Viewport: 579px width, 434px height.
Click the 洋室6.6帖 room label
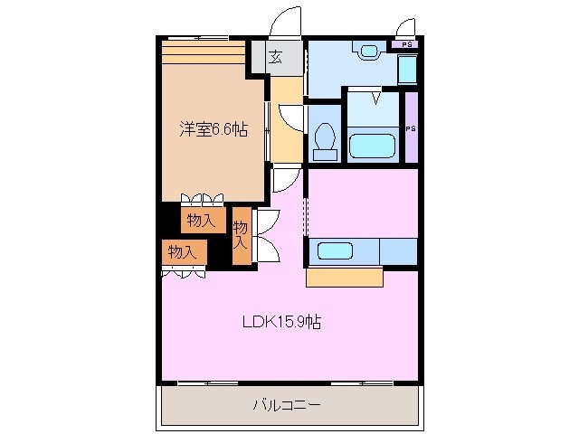click(x=213, y=129)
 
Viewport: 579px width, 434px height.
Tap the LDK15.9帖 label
click(x=280, y=320)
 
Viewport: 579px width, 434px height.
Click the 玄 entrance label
click(x=275, y=58)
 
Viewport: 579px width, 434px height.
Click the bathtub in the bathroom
click(x=371, y=146)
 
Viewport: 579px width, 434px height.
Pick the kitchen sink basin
click(x=335, y=250)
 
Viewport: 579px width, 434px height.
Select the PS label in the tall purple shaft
click(x=411, y=128)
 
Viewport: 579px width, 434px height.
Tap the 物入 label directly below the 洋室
click(x=201, y=220)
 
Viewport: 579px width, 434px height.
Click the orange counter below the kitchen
click(x=344, y=277)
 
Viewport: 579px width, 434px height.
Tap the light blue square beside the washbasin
click(x=407, y=70)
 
